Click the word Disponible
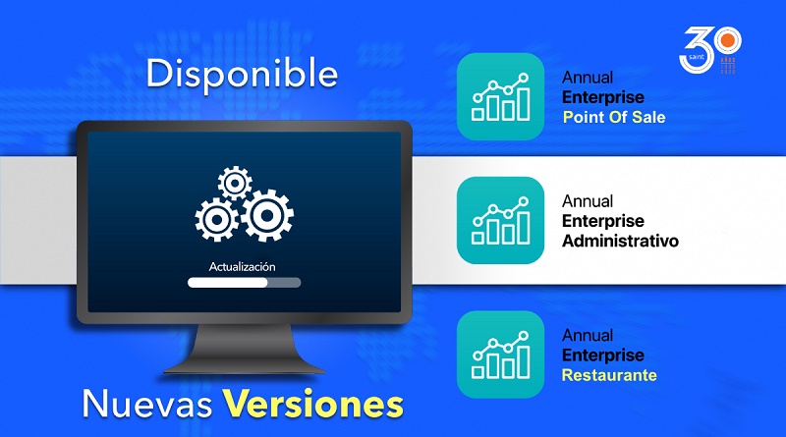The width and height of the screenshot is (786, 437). coord(242,74)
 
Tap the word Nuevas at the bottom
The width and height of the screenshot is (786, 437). coord(147,404)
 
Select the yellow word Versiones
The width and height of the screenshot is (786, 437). coord(313,404)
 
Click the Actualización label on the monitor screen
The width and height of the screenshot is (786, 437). coord(242,266)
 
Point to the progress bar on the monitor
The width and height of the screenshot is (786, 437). coord(244,283)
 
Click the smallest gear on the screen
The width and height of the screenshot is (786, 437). coord(235,184)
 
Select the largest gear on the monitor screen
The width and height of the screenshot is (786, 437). coord(267,215)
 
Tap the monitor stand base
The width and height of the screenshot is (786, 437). coord(244,370)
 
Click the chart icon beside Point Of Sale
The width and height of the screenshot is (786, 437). coord(500,96)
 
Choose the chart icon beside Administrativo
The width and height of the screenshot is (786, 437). coord(500,220)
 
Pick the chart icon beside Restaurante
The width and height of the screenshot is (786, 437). coord(500,355)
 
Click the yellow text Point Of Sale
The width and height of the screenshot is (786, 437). coord(614,117)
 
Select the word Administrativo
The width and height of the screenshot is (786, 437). coord(620,241)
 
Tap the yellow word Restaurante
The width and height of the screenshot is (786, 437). coord(609,375)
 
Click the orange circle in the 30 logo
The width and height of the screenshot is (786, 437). coord(728,40)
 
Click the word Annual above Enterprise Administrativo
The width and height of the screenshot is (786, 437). coord(588,201)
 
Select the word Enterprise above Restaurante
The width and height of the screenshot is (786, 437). coord(603,355)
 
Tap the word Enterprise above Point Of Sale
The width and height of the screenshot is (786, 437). coord(603,96)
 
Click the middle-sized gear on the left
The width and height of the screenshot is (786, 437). coord(216,220)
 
